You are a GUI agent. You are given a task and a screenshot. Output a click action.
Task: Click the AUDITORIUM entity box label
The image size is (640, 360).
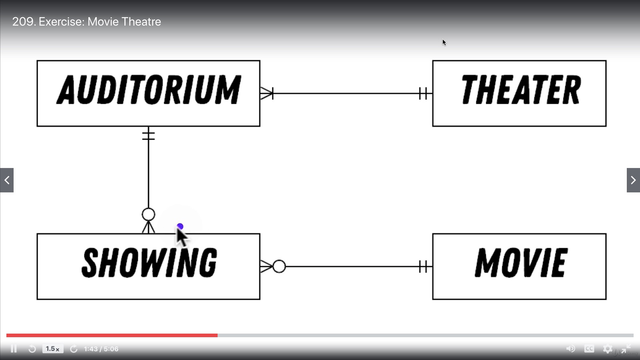click(148, 90)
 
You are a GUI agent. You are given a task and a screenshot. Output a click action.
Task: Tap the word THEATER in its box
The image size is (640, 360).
click(520, 90)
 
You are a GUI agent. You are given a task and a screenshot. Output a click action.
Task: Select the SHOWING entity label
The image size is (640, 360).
click(149, 263)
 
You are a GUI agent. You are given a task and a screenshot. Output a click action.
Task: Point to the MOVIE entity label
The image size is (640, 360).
click(520, 263)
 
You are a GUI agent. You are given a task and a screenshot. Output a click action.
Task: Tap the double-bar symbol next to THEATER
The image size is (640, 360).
click(424, 94)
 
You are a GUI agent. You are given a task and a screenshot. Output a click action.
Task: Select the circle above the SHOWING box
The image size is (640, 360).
click(148, 215)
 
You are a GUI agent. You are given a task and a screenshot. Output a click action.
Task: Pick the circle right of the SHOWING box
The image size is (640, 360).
click(279, 266)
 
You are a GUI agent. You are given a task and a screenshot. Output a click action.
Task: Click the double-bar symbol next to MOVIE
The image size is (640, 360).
click(424, 266)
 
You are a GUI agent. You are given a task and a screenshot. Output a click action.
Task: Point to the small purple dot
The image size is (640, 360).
click(180, 227)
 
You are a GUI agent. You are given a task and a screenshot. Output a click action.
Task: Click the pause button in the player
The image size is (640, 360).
click(14, 349)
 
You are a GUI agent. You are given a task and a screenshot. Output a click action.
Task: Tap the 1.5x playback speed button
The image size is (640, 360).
click(52, 349)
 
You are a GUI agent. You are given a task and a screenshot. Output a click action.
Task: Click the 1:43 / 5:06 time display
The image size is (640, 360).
click(101, 349)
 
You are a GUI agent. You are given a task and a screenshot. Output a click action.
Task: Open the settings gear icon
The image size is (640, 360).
click(608, 349)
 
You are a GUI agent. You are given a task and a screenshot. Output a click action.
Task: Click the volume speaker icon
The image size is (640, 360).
click(570, 349)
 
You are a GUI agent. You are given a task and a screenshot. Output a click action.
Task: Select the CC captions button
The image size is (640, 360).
click(589, 349)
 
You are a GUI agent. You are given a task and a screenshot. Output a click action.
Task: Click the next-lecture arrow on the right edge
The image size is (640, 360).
click(633, 180)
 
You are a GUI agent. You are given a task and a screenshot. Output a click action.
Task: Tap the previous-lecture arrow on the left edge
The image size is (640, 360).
click(7, 180)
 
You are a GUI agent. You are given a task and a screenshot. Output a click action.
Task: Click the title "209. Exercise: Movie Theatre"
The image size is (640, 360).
click(86, 22)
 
